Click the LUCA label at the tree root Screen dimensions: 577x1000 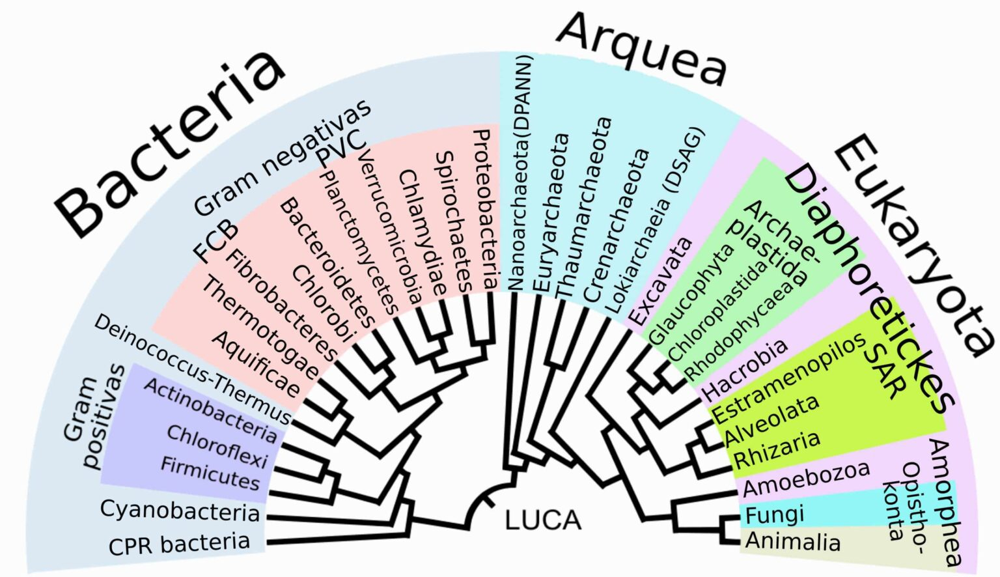pos(543,520)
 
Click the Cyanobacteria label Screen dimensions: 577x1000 pos(180,511)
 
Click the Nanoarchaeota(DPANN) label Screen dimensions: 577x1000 pos(520,173)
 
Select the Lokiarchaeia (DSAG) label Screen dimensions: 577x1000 pos(656,221)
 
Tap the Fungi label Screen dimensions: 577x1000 pos(775,515)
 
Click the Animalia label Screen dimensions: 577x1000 pos(793,541)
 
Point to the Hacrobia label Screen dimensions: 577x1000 pos(745,370)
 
